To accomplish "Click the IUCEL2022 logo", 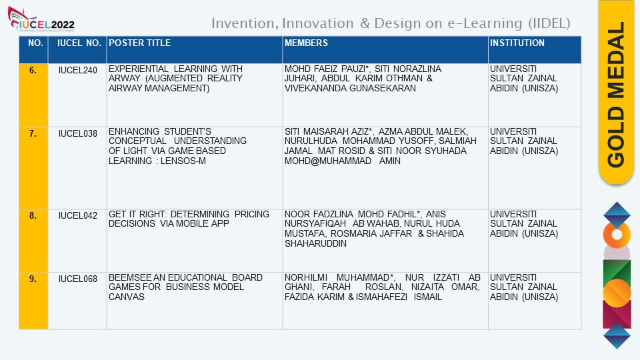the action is click(41, 19).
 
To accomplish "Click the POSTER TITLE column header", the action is click(139, 43).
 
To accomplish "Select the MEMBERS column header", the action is click(306, 43).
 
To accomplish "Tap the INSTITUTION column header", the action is click(517, 43).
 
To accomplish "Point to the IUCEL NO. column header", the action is click(79, 43).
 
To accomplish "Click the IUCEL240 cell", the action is click(77, 70).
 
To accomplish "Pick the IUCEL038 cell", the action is click(77, 133).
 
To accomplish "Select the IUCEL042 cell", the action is click(77, 215).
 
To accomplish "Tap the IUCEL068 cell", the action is click(77, 279).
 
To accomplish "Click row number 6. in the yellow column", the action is click(33, 70).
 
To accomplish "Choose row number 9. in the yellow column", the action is click(33, 279).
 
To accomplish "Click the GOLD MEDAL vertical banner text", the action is click(616, 95).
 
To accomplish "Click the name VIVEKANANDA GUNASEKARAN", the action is click(350, 88).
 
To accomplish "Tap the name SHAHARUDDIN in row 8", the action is click(315, 244).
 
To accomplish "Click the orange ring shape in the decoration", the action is click(617, 235).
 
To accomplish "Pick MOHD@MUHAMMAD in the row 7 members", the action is click(328, 161).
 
